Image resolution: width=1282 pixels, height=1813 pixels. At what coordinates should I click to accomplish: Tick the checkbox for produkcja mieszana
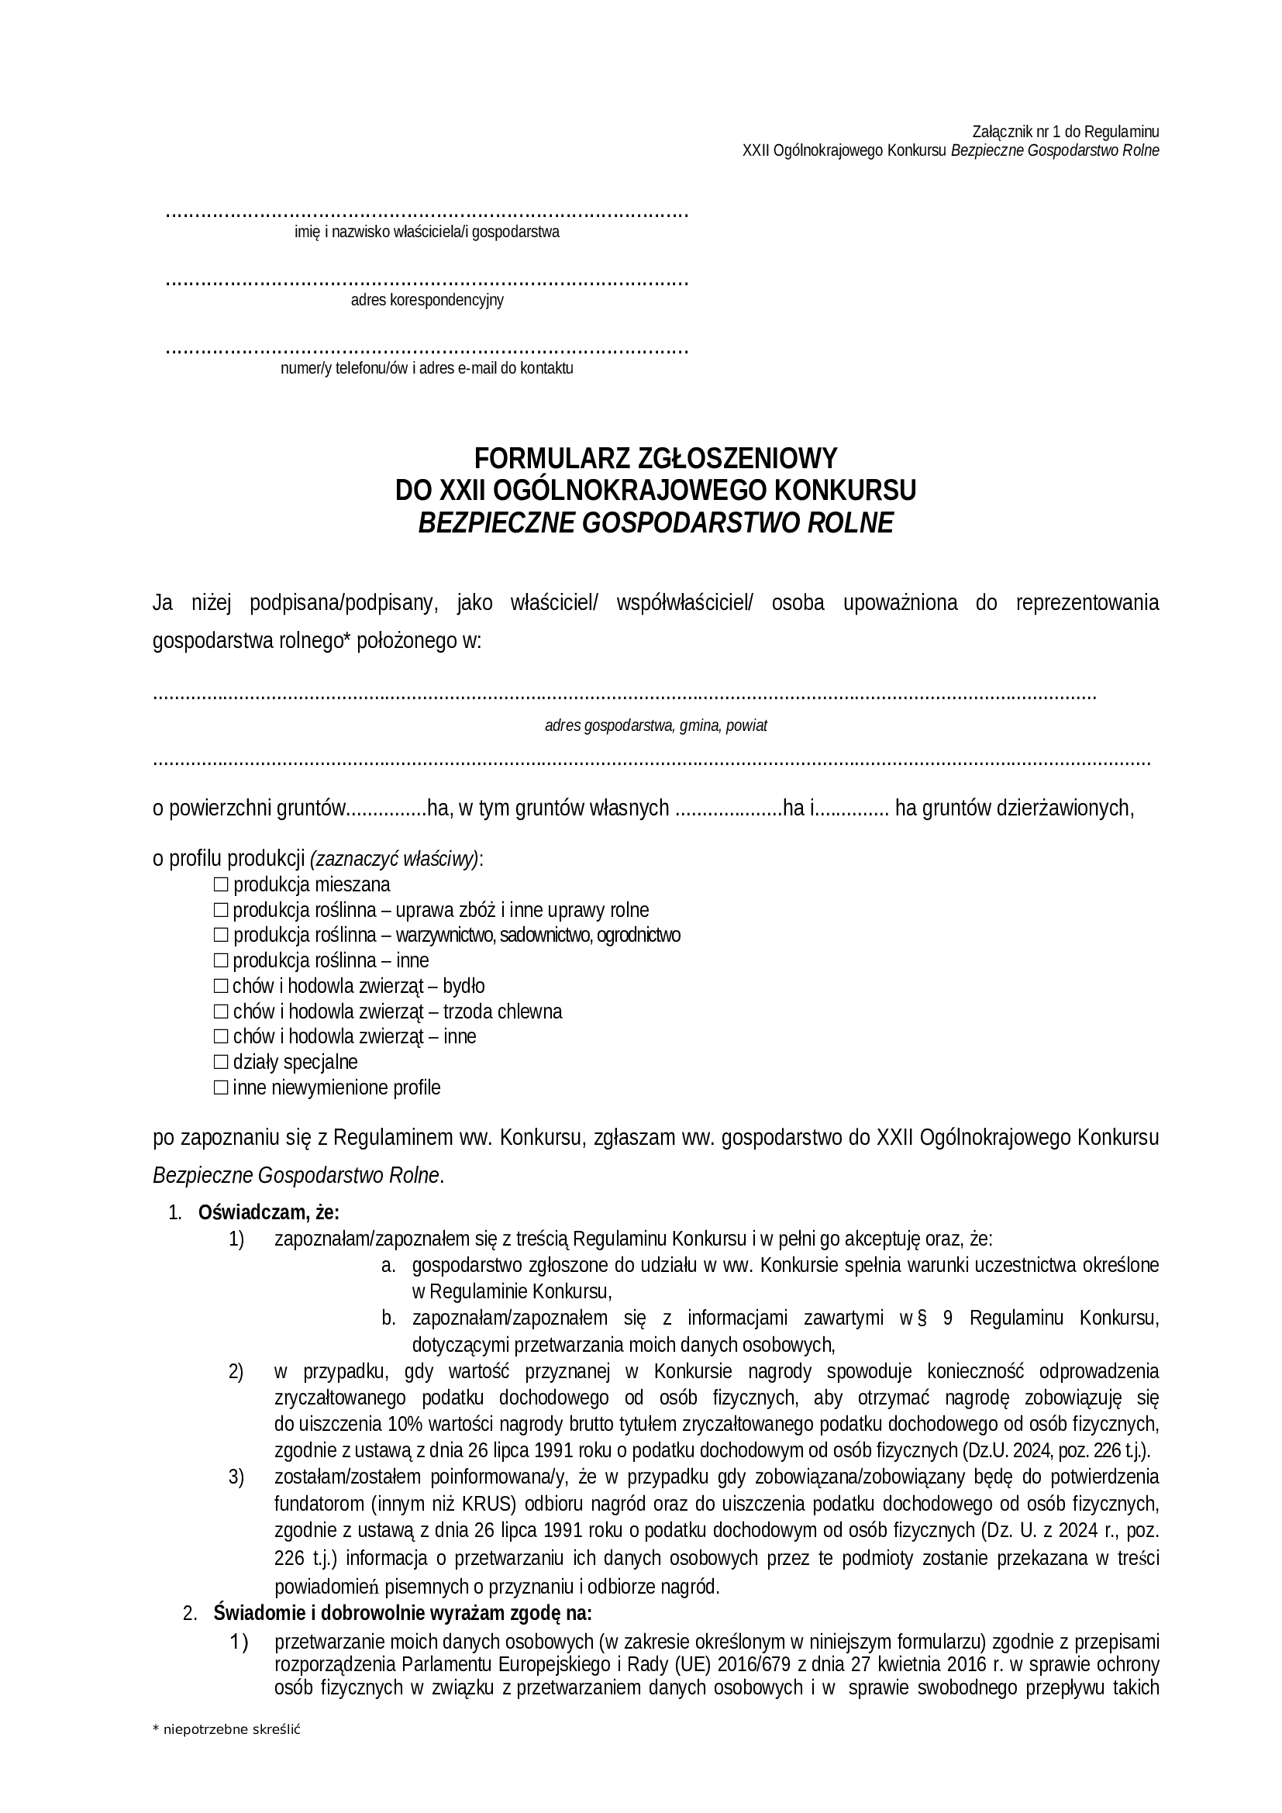pos(220,884)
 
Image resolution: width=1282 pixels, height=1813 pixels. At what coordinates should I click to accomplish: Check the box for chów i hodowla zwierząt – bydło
pos(220,986)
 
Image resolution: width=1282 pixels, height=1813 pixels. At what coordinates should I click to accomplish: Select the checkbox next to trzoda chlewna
pos(220,1012)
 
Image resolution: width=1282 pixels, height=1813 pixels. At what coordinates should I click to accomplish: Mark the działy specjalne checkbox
pos(220,1062)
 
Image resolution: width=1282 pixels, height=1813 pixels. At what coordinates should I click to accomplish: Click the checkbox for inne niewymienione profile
pos(220,1088)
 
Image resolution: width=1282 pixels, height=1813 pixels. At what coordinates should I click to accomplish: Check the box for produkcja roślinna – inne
pos(220,961)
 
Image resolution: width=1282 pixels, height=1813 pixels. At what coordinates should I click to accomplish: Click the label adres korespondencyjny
pos(427,300)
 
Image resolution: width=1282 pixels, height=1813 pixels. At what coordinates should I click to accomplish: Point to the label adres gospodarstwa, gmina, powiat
pos(655,726)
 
